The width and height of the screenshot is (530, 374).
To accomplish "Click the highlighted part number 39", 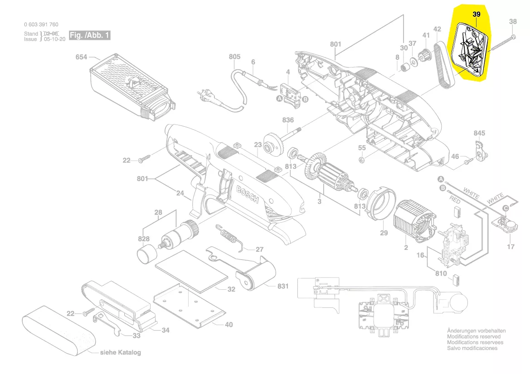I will pyautogui.click(x=477, y=14).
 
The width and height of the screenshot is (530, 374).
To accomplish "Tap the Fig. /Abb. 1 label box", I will pyautogui.click(x=89, y=35).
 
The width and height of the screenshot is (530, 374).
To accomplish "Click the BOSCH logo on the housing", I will pyautogui.click(x=247, y=193).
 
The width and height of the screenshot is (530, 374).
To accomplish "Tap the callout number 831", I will pyautogui.click(x=283, y=286).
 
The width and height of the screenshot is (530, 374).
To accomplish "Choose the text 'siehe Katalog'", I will pyautogui.click(x=120, y=353).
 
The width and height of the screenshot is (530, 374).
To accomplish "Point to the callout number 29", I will pyautogui.click(x=384, y=233).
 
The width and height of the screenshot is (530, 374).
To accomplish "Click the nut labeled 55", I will pyautogui.click(x=362, y=159).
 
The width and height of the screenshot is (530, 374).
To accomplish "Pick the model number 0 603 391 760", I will pyautogui.click(x=41, y=24).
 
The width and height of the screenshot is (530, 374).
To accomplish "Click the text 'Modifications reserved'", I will pyautogui.click(x=474, y=336).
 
